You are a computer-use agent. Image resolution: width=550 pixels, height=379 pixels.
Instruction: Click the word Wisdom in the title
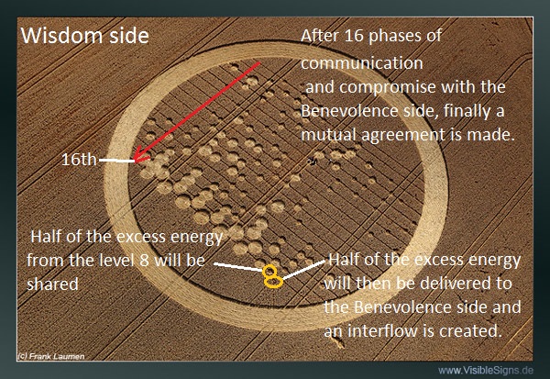click(x=62, y=36)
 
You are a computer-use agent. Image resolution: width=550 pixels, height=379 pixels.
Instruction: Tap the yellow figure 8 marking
click(x=272, y=277)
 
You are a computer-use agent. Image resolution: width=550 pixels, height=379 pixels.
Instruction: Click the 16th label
click(x=79, y=160)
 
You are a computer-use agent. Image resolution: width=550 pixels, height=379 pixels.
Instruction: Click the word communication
click(x=362, y=63)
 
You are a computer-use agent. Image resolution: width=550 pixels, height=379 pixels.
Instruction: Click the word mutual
click(x=329, y=135)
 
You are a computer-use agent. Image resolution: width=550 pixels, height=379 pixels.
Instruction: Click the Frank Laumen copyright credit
click(x=50, y=356)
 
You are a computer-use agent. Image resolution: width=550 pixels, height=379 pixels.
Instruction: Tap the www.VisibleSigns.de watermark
click(x=486, y=370)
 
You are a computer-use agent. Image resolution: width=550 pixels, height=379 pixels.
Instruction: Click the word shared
click(x=52, y=284)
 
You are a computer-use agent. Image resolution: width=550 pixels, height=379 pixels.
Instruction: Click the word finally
click(x=465, y=111)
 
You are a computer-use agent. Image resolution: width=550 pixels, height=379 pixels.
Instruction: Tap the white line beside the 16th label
click(x=116, y=161)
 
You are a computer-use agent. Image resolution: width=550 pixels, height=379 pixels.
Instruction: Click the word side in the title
click(x=129, y=36)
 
